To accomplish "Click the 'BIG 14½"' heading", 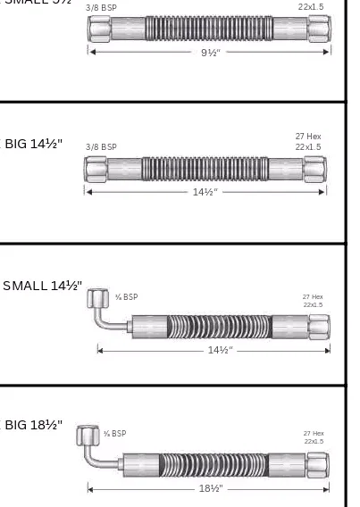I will point(33,144).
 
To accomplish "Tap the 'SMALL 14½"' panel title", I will point(42,286).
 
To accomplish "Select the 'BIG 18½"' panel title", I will point(33,425).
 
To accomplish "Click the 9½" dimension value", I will point(208,51).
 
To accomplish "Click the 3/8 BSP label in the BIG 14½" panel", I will point(101,146).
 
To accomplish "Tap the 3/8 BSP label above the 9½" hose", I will point(101,7).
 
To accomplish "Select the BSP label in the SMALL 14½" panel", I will point(125,297).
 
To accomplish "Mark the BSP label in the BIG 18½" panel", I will point(114,434).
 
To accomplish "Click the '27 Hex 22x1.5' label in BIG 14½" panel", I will point(308,142).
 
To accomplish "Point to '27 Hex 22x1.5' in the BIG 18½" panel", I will point(314,437).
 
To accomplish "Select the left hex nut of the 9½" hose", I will point(97,28).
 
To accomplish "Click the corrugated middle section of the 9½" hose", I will point(208,28).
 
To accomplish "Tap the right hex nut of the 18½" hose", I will point(317,464).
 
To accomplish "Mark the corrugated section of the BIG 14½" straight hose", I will point(205,169).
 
